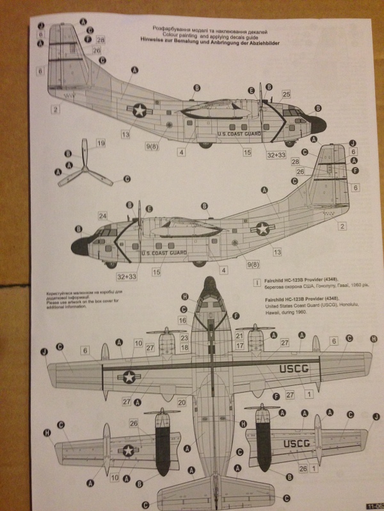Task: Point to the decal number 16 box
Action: click(183, 319)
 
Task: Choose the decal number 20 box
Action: click(181, 402)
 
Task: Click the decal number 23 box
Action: click(184, 337)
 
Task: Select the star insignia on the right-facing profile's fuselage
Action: click(140, 111)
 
